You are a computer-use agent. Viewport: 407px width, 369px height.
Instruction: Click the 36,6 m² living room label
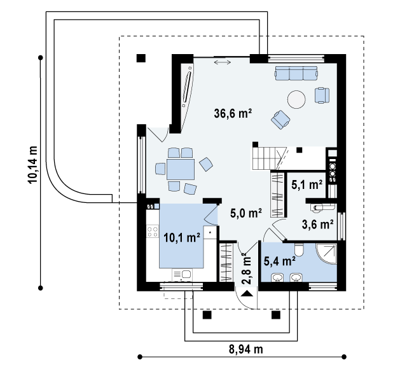233,113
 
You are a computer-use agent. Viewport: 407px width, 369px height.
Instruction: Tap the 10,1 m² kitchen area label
182,237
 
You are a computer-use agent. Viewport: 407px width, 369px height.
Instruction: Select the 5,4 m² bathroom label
279,261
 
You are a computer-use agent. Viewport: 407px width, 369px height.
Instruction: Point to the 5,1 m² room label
307,184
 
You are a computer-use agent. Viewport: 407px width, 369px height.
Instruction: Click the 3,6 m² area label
318,225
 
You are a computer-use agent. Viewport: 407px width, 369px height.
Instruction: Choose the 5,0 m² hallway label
246,213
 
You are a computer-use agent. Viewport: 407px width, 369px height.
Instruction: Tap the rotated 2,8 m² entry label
246,270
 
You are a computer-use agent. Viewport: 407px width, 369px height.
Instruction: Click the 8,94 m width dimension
245,349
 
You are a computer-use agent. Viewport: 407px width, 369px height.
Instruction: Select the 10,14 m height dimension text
32,165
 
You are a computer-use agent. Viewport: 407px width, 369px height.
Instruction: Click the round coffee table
296,99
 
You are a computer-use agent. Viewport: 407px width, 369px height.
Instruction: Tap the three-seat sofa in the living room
296,73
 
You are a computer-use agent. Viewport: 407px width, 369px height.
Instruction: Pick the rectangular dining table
181,169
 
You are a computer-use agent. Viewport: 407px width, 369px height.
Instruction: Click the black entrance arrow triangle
247,293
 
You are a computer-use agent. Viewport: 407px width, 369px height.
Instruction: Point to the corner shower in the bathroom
326,254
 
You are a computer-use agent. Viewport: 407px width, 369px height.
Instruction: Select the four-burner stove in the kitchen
153,232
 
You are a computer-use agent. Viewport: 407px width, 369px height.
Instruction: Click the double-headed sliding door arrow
223,62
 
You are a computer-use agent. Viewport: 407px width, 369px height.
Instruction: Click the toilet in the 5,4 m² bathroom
299,250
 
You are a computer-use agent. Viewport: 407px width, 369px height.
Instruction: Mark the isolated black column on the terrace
141,58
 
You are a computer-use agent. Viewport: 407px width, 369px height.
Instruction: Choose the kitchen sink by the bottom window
182,274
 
